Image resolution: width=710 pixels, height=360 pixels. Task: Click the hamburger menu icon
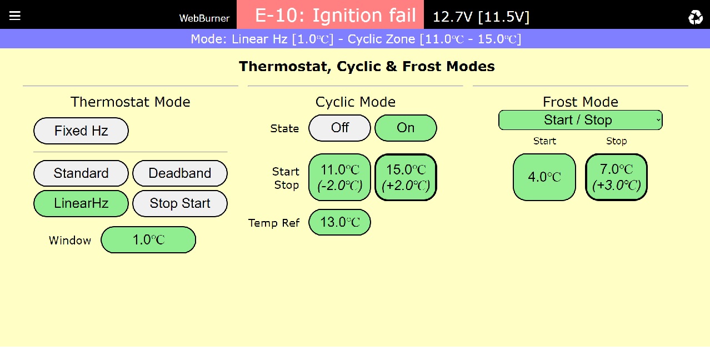click(x=15, y=16)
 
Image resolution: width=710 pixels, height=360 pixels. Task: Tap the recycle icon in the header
click(x=696, y=17)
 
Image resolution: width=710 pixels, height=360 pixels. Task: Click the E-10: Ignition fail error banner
click(x=330, y=14)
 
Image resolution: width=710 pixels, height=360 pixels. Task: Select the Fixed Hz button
click(x=81, y=131)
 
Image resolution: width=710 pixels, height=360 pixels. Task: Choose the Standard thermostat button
click(x=81, y=173)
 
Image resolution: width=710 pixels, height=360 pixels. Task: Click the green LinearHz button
click(x=81, y=203)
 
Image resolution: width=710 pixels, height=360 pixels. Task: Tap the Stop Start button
click(x=180, y=203)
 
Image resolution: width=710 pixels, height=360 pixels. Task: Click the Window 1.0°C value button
click(x=148, y=239)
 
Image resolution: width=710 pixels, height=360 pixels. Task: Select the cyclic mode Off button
click(x=340, y=128)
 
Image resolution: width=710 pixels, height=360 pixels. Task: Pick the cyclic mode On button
click(x=406, y=128)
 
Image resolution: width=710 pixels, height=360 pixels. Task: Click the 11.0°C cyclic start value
click(x=340, y=177)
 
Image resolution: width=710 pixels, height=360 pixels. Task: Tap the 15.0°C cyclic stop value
click(x=406, y=177)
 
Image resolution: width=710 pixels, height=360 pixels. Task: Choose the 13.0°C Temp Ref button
click(x=340, y=222)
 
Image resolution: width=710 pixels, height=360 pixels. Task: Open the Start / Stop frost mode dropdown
click(x=581, y=120)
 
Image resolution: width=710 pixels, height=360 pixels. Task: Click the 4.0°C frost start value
click(x=544, y=177)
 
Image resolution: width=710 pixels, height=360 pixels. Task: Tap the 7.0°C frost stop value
click(x=617, y=177)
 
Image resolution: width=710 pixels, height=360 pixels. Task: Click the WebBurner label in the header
click(x=204, y=18)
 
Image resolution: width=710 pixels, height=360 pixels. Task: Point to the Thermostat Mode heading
click(x=130, y=102)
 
